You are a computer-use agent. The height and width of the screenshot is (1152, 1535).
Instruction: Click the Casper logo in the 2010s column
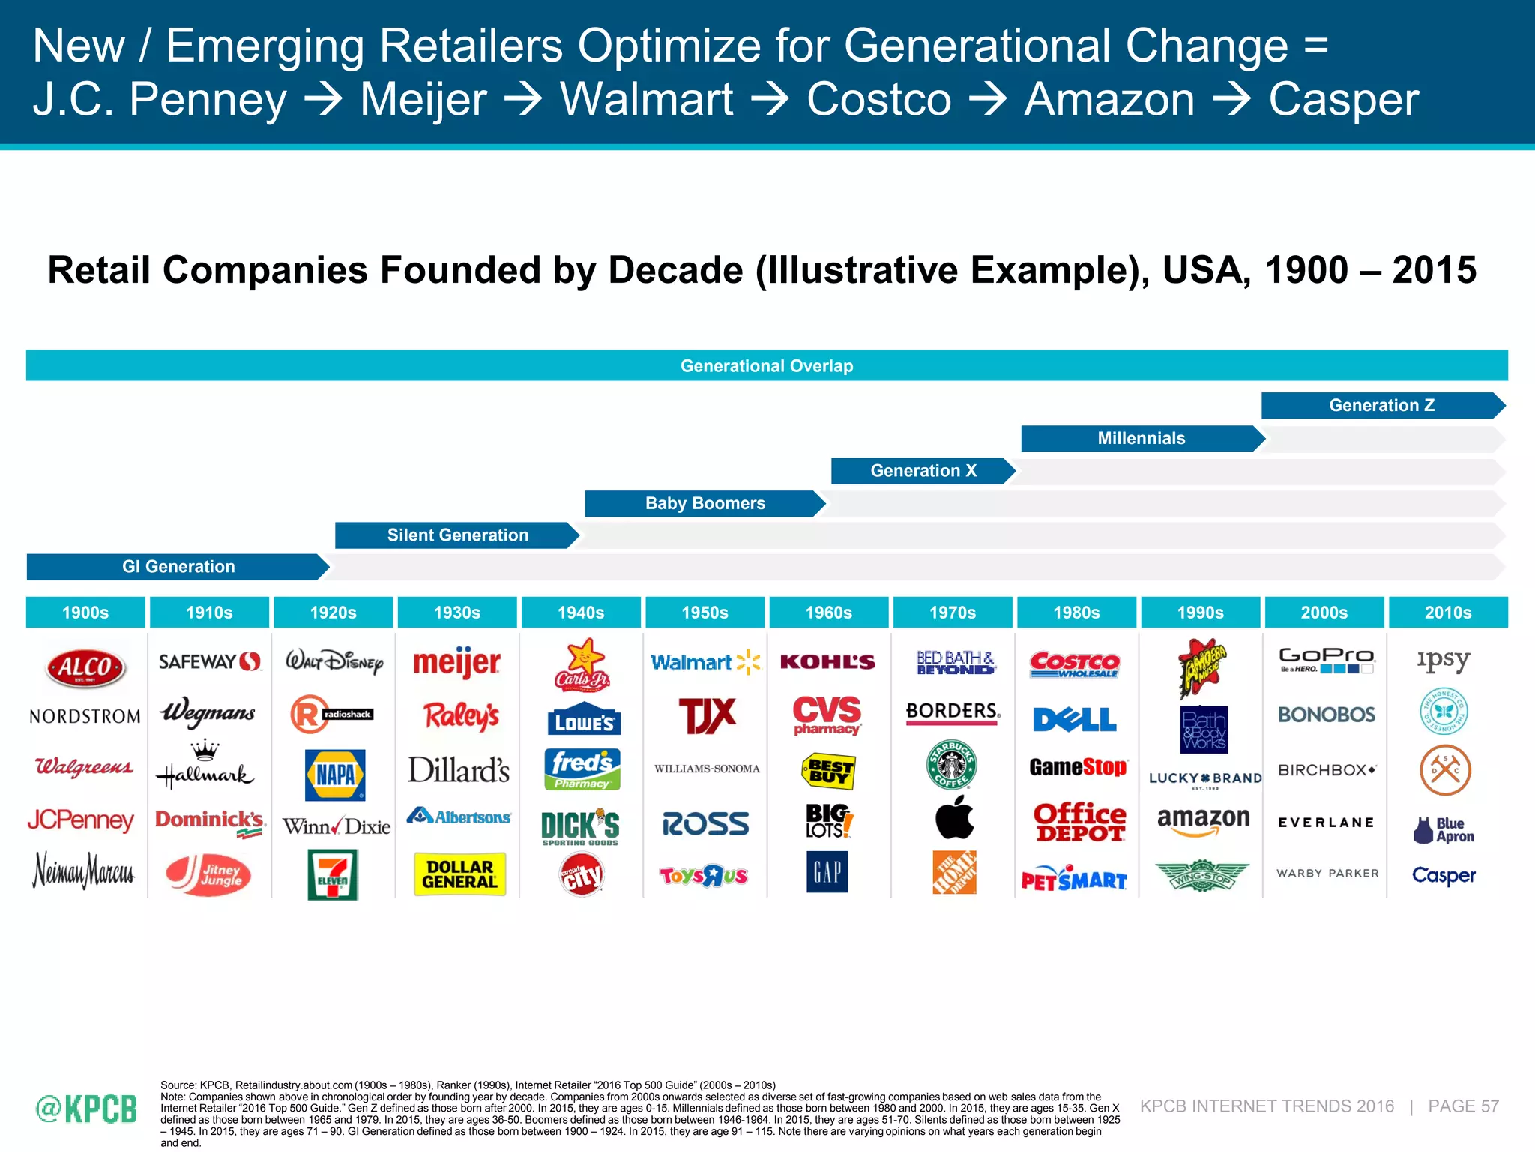tap(1443, 875)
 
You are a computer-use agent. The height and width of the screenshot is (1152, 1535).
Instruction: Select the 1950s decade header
tap(705, 613)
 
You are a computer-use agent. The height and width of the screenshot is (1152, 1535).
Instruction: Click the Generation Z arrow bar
tap(1381, 405)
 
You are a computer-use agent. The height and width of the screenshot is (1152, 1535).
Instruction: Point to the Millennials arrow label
tap(1141, 439)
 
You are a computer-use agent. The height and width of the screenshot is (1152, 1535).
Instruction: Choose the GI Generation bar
tap(178, 567)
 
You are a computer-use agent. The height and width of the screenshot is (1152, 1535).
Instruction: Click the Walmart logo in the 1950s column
tap(705, 662)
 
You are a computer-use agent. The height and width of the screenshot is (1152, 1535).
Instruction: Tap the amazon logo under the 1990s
tap(1202, 820)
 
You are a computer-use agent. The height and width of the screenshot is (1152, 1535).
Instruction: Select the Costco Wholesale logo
tap(1075, 664)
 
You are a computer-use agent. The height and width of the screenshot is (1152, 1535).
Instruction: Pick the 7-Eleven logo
tap(333, 874)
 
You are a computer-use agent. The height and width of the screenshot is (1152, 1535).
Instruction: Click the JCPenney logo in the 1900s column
tap(81, 820)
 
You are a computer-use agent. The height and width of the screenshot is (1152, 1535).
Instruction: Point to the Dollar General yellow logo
tap(459, 874)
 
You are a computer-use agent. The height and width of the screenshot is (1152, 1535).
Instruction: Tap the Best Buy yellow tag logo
tap(828, 771)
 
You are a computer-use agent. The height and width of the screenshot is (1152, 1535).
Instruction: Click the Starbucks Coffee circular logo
tap(952, 764)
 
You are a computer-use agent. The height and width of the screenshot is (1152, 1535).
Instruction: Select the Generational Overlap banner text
tap(766, 366)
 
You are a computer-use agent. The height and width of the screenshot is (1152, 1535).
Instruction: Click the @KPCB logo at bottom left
tap(86, 1108)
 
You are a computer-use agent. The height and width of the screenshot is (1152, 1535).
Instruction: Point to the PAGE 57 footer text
tap(1462, 1106)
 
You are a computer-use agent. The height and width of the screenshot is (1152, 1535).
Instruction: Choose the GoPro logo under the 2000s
tap(1325, 660)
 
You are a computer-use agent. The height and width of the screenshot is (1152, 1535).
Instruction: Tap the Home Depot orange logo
tap(953, 872)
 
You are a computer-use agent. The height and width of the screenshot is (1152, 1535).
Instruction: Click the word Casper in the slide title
tap(1343, 100)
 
